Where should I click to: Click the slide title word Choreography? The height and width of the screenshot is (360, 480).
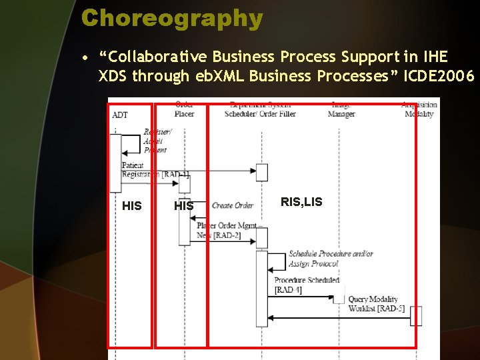point(172,18)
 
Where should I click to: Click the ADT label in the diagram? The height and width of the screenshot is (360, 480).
point(120,115)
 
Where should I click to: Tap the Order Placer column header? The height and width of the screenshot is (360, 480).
point(184,109)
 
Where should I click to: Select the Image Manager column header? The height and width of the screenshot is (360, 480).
point(341,109)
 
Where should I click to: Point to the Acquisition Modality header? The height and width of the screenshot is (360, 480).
point(419,109)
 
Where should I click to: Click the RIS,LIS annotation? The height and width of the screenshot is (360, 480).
point(301,202)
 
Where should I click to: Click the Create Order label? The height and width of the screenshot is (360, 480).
point(233,205)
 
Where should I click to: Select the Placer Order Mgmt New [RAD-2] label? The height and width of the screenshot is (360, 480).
point(227,231)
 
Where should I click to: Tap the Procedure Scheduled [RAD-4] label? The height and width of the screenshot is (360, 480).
point(307,285)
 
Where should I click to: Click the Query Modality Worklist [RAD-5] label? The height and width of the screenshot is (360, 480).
point(376,304)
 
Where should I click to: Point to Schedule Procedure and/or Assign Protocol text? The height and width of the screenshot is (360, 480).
point(331,259)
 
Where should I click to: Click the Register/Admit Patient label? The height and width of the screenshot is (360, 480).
point(157,141)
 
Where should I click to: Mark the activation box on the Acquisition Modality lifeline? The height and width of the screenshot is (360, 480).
point(416,316)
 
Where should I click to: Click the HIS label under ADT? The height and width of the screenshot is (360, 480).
point(132,206)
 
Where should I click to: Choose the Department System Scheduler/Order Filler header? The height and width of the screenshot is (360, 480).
point(260,109)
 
